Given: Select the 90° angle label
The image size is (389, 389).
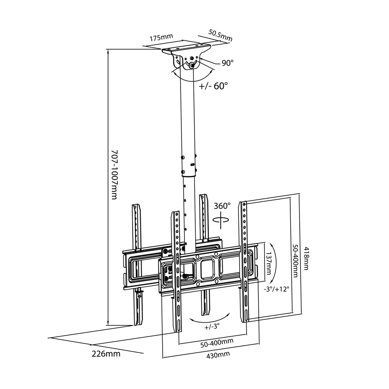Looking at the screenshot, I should pos(228,63).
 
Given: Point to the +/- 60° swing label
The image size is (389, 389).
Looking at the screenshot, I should pos(213,86).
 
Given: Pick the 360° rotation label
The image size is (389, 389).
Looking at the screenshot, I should pos(222,205).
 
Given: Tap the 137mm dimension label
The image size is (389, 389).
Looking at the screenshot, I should pos(268,263).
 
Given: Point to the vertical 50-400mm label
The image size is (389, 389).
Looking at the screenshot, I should pos(295,260).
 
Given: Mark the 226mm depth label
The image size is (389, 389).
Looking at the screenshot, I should pos(106,354).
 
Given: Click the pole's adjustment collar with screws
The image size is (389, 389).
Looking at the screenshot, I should pos(188,163).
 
